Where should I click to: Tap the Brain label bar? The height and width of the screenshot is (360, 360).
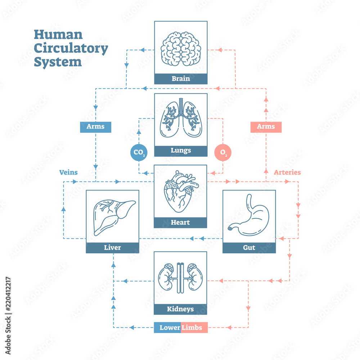[x=181, y=78]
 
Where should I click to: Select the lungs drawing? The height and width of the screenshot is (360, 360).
[x=181, y=119]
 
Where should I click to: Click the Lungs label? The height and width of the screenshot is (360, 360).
[x=181, y=151]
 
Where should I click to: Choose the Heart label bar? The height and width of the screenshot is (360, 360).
[x=180, y=222]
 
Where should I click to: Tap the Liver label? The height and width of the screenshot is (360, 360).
[x=112, y=248]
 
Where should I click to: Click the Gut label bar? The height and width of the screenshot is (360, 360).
[x=249, y=248]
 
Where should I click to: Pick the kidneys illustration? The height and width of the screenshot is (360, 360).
[x=180, y=277]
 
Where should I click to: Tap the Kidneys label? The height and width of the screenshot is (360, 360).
[x=180, y=309]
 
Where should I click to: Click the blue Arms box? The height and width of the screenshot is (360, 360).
[x=95, y=127]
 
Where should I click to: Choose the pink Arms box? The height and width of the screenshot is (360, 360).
[x=266, y=127]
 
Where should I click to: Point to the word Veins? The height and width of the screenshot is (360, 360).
[x=68, y=172]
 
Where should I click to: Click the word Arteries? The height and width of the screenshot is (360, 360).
[x=287, y=172]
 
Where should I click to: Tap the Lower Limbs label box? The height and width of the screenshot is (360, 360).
[x=181, y=328]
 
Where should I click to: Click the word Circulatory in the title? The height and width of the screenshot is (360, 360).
[x=71, y=48]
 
